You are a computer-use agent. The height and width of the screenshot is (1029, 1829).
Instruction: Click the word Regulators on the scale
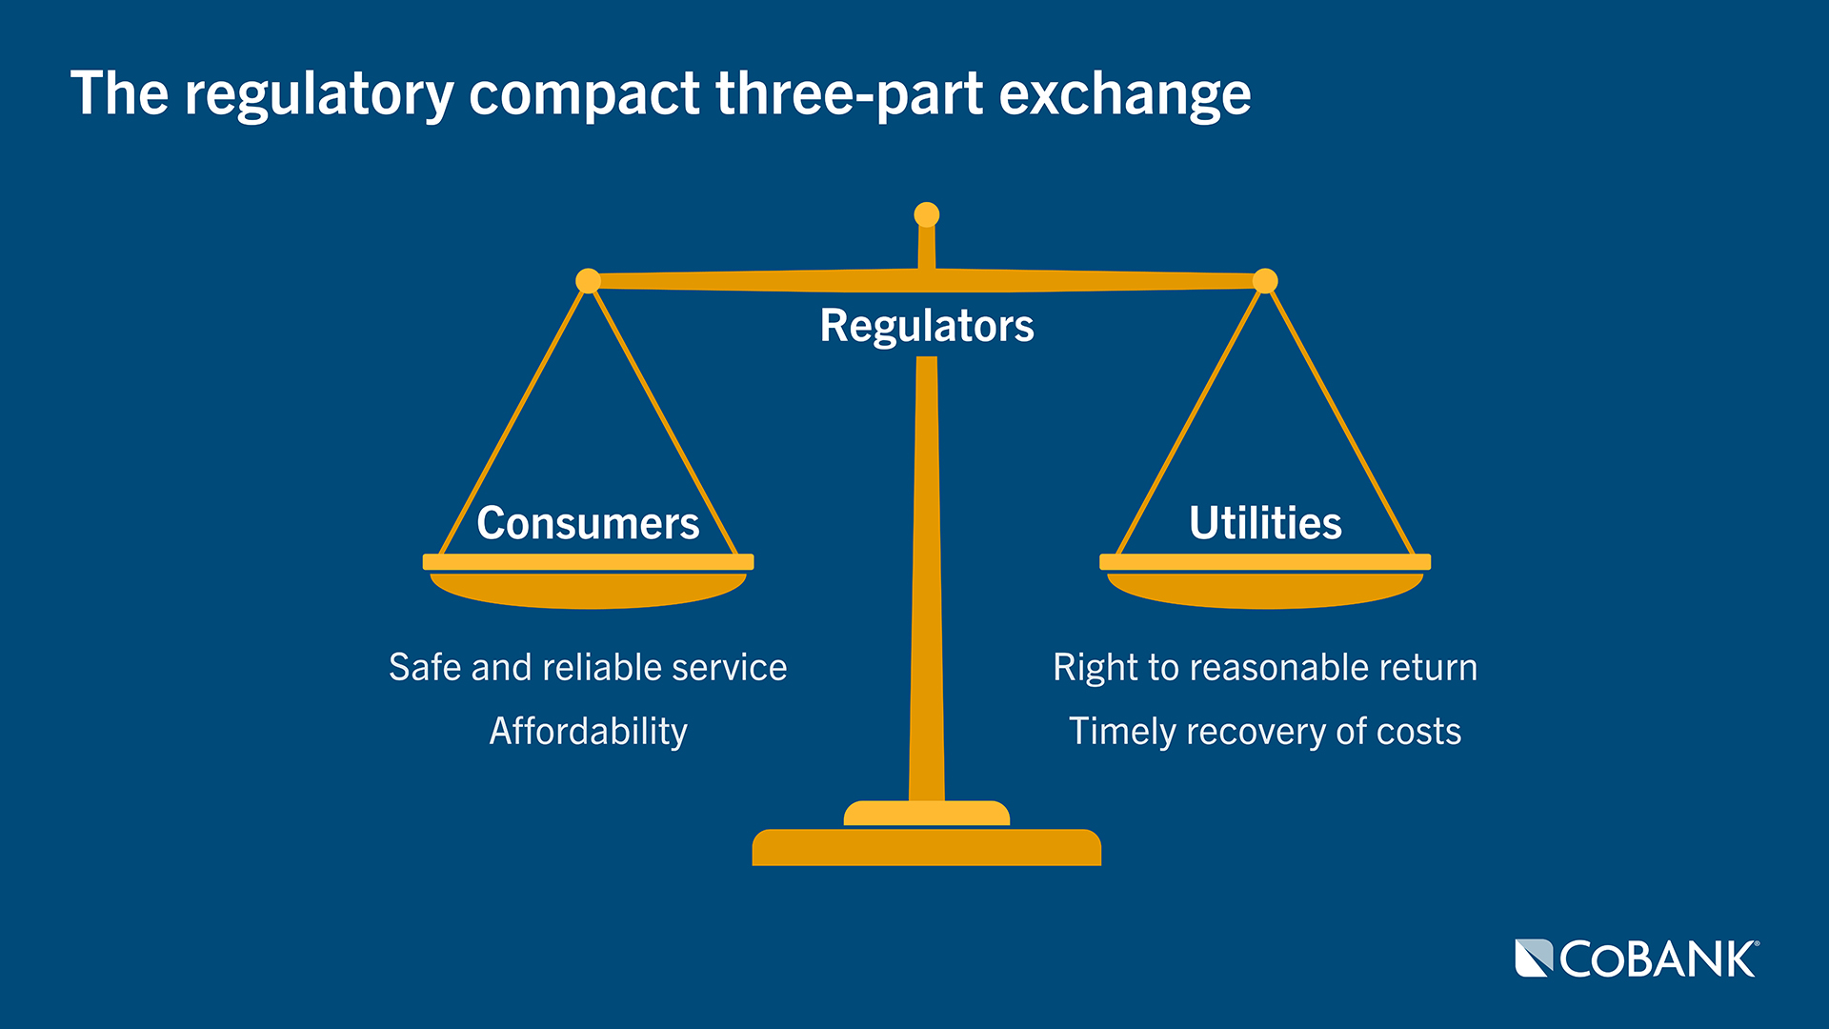(926, 326)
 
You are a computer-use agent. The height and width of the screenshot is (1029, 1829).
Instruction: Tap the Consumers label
(588, 523)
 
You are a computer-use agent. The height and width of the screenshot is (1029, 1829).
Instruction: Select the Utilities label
(1265, 523)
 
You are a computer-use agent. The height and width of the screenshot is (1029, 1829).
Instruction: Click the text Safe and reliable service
(588, 667)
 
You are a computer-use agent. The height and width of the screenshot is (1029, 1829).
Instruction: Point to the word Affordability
(588, 731)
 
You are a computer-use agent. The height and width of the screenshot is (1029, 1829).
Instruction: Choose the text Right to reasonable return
(1265, 667)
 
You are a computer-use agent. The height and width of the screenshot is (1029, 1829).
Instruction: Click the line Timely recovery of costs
(1265, 731)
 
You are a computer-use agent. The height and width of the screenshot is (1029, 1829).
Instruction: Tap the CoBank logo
(1637, 958)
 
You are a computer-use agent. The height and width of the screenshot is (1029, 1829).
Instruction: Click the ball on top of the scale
(926, 214)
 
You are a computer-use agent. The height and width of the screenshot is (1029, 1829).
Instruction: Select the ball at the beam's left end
(589, 281)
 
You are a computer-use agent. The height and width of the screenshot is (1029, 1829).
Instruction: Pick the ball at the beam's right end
(1265, 281)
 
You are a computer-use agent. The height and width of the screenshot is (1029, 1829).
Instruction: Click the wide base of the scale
(926, 847)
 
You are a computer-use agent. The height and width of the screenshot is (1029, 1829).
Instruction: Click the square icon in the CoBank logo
(1534, 958)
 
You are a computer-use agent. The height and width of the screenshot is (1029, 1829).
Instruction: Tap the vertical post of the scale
(926, 572)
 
